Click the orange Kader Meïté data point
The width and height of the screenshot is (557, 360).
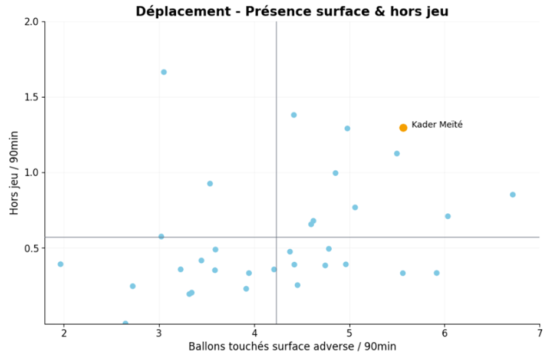pyautogui.click(x=403, y=128)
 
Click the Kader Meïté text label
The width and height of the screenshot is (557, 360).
pyautogui.click(x=437, y=125)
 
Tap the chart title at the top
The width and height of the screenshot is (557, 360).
pyautogui.click(x=292, y=11)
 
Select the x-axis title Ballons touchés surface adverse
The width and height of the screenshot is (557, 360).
pyautogui.click(x=292, y=346)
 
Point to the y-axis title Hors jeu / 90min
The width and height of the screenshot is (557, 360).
pyautogui.click(x=14, y=173)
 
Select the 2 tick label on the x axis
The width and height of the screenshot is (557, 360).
pyautogui.click(x=64, y=333)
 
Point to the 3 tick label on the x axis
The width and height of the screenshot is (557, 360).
pyautogui.click(x=159, y=333)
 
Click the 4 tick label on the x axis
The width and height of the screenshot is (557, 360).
pyautogui.click(x=254, y=333)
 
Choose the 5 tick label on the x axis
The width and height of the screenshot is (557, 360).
pyautogui.click(x=350, y=333)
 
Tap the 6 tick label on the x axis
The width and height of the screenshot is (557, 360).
pyautogui.click(x=444, y=333)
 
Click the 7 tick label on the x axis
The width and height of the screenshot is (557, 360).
pyautogui.click(x=539, y=333)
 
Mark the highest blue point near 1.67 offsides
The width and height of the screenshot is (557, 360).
pyautogui.click(x=164, y=72)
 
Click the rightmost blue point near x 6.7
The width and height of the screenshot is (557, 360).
pyautogui.click(x=513, y=194)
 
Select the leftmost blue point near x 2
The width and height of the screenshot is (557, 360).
pyautogui.click(x=60, y=264)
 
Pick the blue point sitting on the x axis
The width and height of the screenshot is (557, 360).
pyautogui.click(x=126, y=323)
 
